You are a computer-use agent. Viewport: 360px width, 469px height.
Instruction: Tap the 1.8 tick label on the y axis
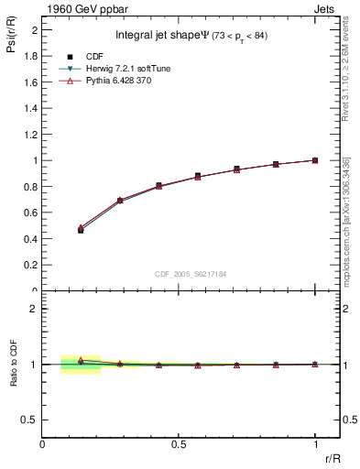coord(31,56)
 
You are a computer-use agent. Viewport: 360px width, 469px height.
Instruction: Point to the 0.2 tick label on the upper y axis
coord(31,265)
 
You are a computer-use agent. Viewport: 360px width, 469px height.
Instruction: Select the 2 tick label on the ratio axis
coord(34,309)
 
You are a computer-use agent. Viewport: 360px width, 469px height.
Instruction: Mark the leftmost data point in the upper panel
coord(81,230)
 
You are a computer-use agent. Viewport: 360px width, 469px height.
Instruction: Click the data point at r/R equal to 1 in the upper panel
coord(315,160)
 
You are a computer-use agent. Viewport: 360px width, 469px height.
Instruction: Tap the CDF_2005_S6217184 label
coord(190,273)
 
